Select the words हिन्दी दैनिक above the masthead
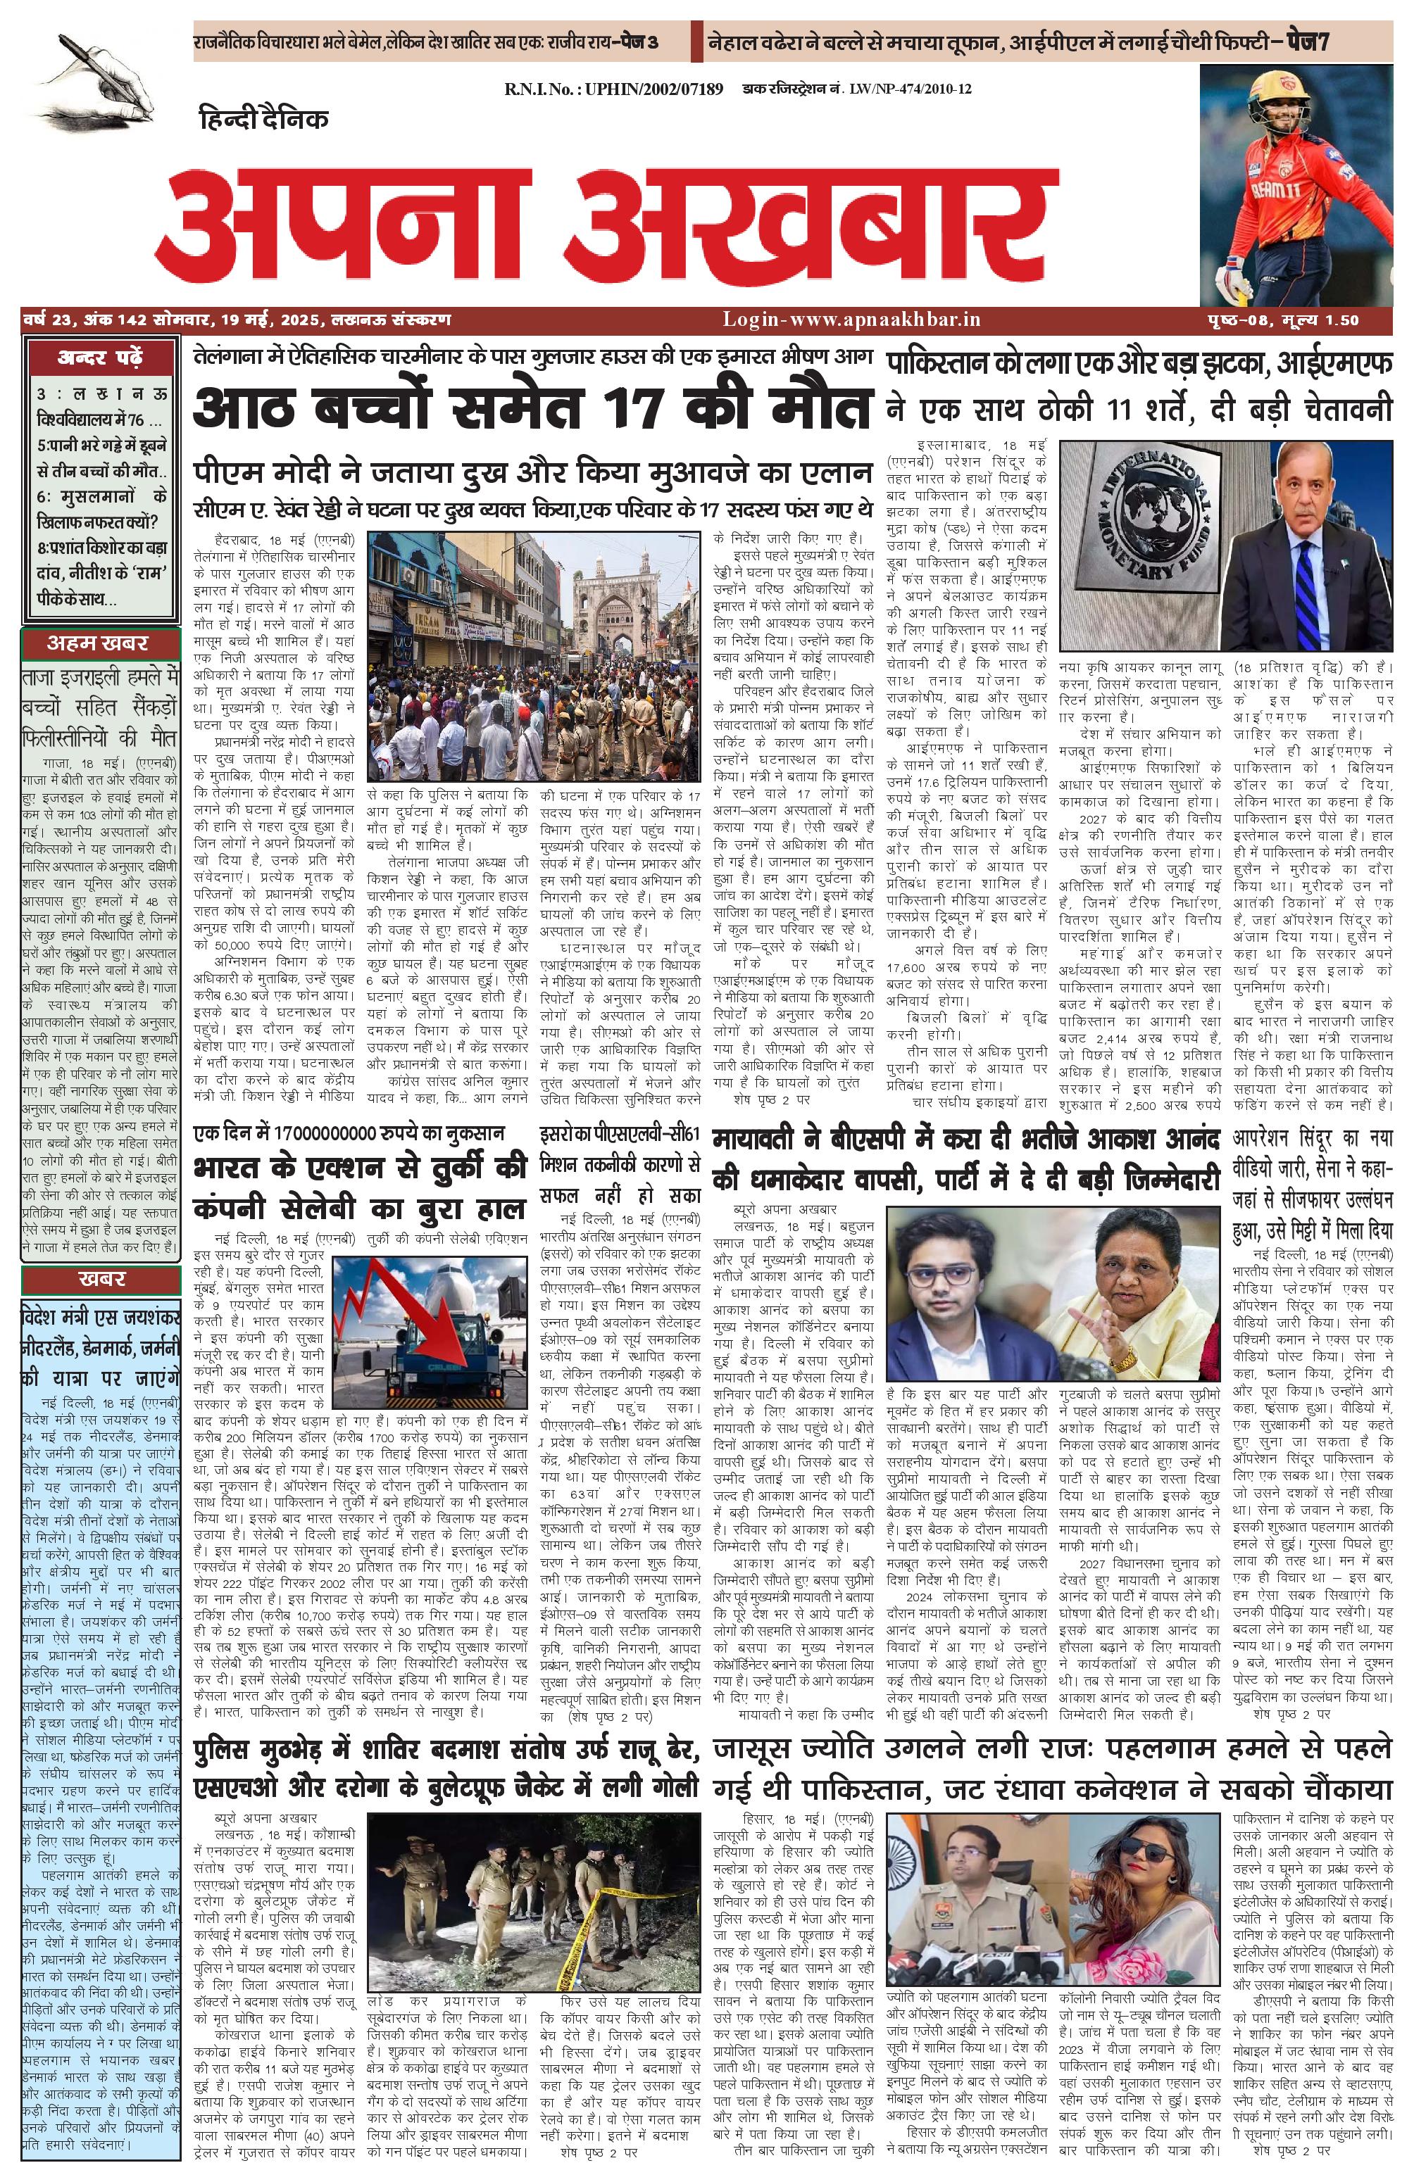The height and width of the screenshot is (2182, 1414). (263, 119)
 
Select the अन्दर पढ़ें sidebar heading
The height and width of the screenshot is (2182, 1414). (100, 357)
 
